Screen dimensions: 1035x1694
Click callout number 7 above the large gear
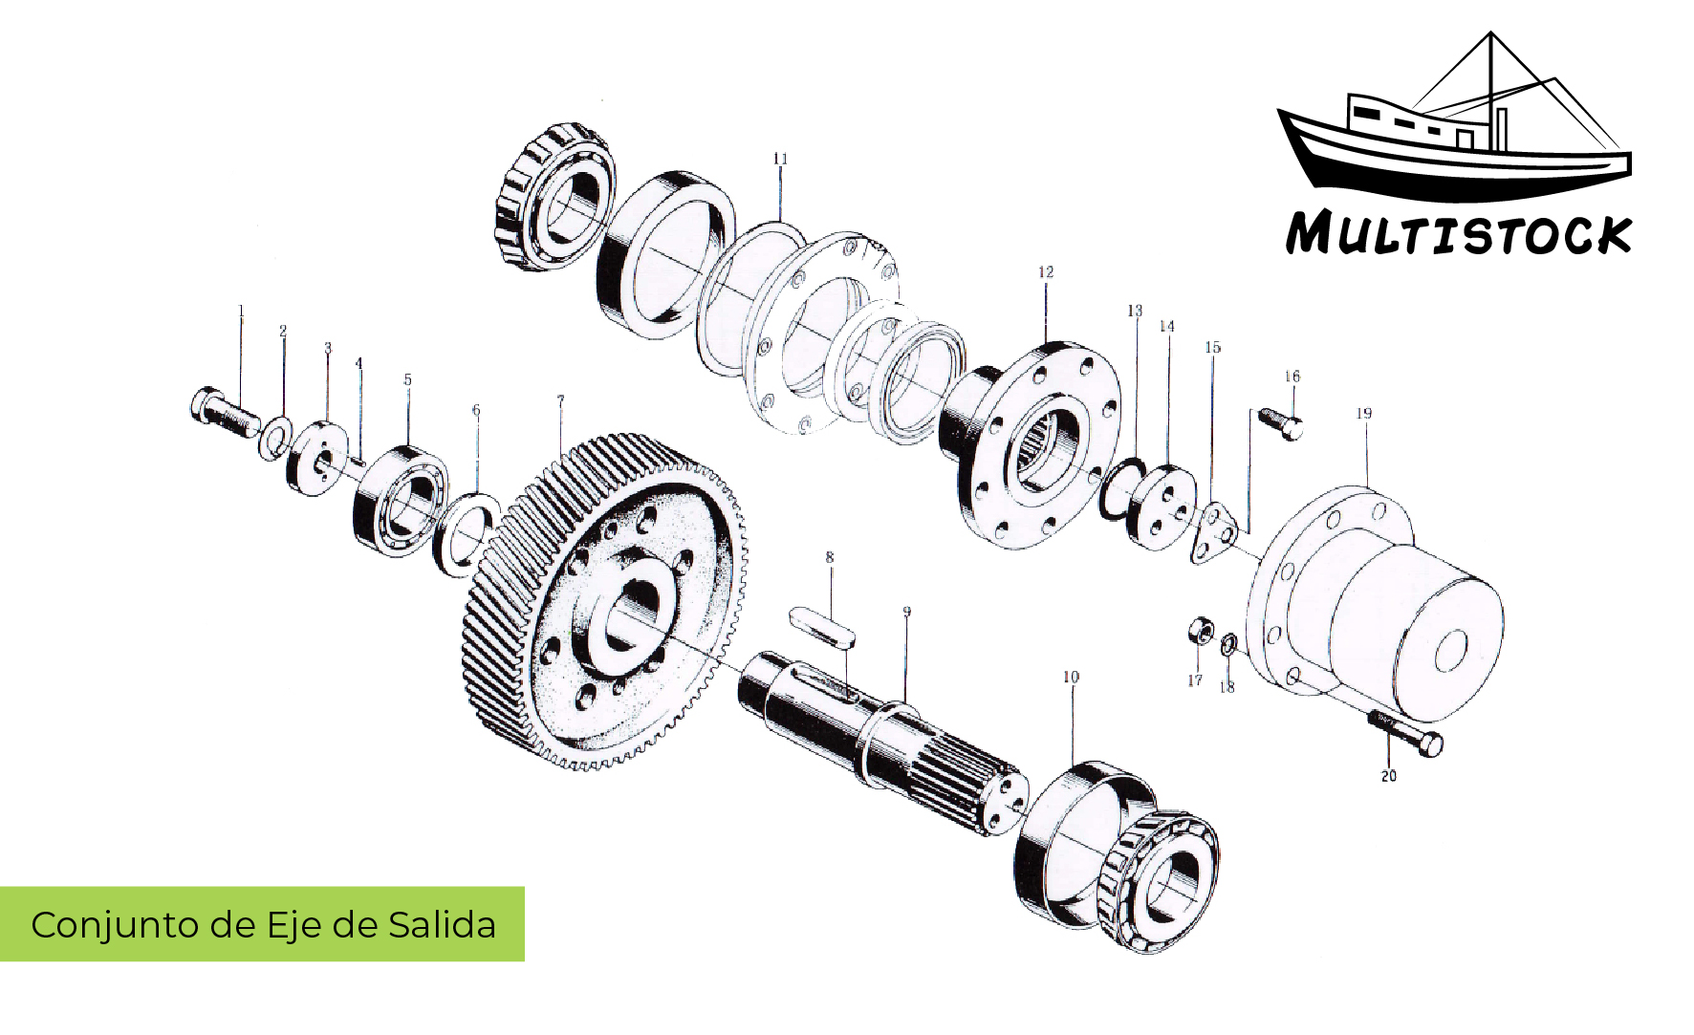(560, 400)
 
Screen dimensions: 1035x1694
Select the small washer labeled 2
(275, 439)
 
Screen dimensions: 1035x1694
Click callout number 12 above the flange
(1046, 272)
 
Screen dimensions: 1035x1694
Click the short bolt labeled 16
(1281, 422)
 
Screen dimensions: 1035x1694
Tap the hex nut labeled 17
(1200, 632)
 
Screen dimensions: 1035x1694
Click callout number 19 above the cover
(1364, 414)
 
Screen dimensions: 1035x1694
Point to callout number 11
(780, 159)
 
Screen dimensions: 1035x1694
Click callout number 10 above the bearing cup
(1071, 678)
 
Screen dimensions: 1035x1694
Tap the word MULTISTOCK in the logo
(1459, 235)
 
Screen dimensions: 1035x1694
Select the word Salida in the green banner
(442, 925)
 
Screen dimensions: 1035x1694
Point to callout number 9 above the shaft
(906, 612)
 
